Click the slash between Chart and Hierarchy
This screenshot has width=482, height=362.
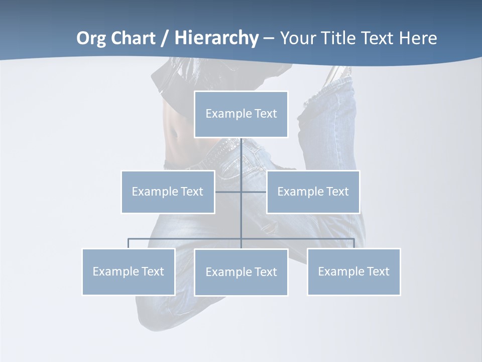[165, 38]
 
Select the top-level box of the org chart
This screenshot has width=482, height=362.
[241, 114]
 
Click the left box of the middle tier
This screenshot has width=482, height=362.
[168, 192]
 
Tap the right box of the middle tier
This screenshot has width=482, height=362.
[313, 192]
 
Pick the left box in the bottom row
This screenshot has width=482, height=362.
[129, 271]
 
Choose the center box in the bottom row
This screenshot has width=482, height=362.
[241, 272]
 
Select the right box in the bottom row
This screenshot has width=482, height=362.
[353, 271]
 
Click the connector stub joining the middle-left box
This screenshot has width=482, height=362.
[228, 192]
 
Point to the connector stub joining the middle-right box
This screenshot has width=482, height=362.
[254, 192]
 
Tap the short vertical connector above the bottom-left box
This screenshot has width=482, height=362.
[129, 243]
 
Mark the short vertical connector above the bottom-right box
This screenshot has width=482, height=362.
[354, 243]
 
